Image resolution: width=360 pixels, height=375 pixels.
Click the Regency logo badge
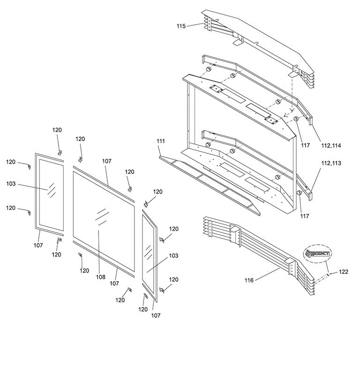coord(317,254)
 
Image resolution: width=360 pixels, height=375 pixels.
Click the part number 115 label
coord(181,26)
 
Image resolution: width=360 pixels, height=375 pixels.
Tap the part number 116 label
coord(248,280)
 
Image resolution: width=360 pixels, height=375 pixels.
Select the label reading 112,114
coord(331,146)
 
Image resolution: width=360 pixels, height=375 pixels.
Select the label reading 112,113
coord(331,163)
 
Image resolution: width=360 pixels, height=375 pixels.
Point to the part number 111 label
coord(161,141)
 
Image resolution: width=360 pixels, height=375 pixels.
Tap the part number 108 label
coord(101,277)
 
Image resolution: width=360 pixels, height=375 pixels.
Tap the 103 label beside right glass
coord(173,256)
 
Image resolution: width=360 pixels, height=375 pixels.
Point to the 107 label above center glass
coord(106,161)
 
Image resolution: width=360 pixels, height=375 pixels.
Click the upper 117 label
coord(306,146)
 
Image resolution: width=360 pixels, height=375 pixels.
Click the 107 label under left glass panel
coord(38,245)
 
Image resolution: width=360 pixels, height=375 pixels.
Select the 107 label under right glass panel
coord(156,315)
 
